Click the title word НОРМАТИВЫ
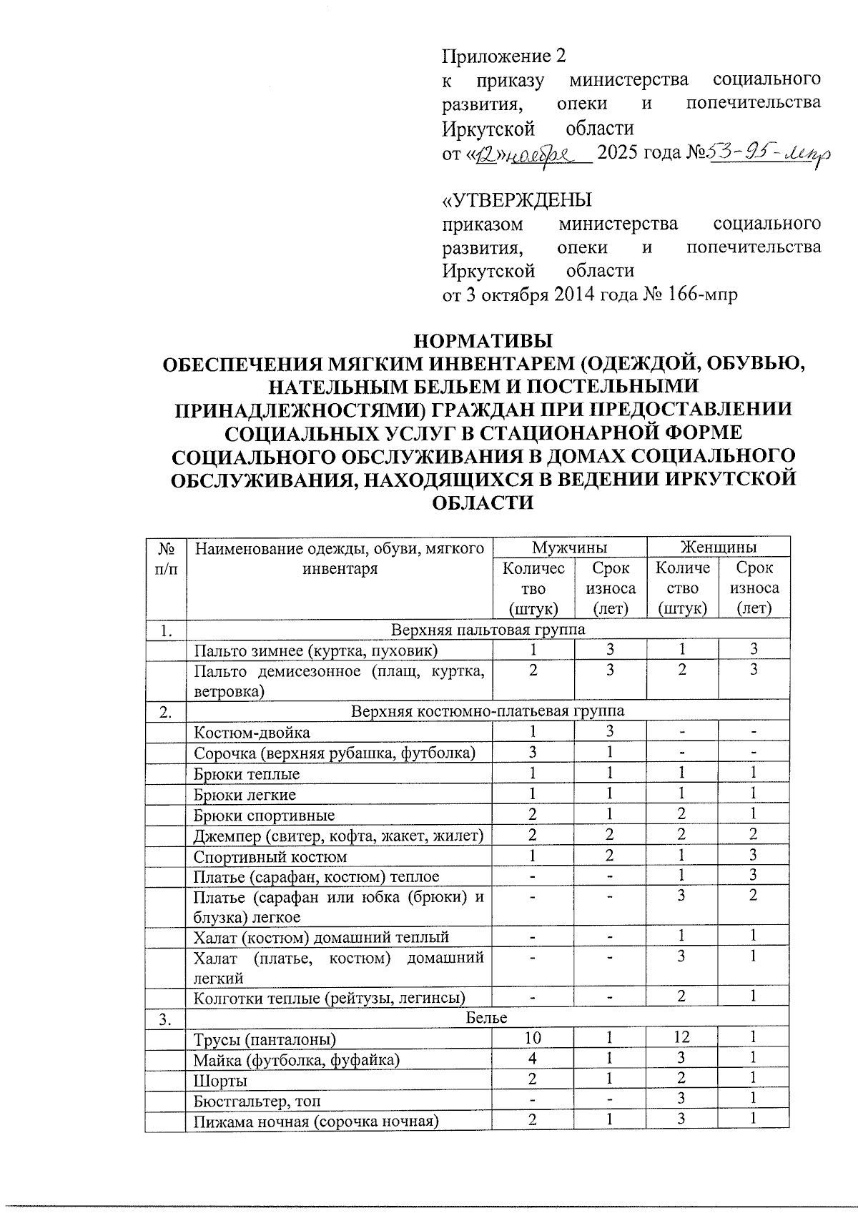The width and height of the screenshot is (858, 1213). pyautogui.click(x=484, y=339)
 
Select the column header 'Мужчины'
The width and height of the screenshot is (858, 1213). pyautogui.click(x=569, y=548)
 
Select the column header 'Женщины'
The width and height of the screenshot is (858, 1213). pyautogui.click(x=718, y=548)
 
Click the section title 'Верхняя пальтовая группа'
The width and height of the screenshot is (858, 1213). pyautogui.click(x=488, y=630)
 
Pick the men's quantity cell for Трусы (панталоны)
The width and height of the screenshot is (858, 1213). pyautogui.click(x=533, y=1038)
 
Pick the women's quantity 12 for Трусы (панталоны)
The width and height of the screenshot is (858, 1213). pyautogui.click(x=681, y=1038)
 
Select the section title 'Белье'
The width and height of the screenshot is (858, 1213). pyautogui.click(x=487, y=1018)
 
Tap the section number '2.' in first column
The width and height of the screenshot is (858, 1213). pyautogui.click(x=165, y=712)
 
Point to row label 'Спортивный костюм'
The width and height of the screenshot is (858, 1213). pyautogui.click(x=270, y=856)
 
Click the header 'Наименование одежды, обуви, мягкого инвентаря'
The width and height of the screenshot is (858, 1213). pyautogui.click(x=339, y=559)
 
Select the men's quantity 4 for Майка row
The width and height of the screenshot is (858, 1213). pyautogui.click(x=533, y=1059)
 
